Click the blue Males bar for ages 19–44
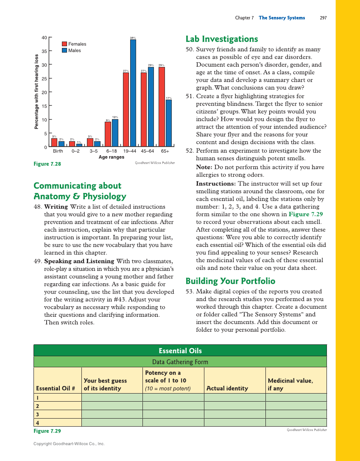[x=133, y=93]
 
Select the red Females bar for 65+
[x=162, y=107]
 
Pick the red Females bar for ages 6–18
[x=108, y=134]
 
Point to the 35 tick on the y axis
[x=44, y=51]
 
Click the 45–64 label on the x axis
[x=147, y=151]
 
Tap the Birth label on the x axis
[x=58, y=151]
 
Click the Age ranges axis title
[x=112, y=157]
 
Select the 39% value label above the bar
[x=133, y=38]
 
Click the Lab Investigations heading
[x=222, y=39]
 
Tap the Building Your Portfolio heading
[x=230, y=281]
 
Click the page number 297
[x=323, y=18]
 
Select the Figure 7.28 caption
[x=47, y=164]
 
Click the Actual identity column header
[x=227, y=388]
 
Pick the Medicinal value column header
[x=290, y=384]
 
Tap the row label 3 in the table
[x=38, y=414]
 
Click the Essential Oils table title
[x=180, y=351]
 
